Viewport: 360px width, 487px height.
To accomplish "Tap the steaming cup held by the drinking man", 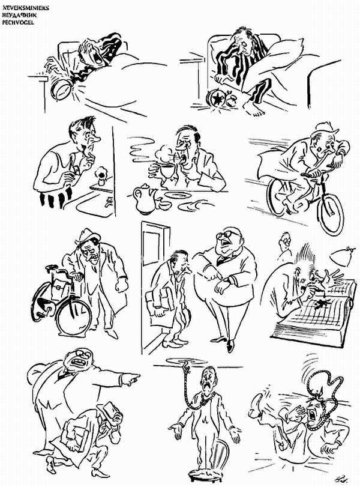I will click(165, 166).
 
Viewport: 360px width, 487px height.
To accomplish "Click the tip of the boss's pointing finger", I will click(139, 378).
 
